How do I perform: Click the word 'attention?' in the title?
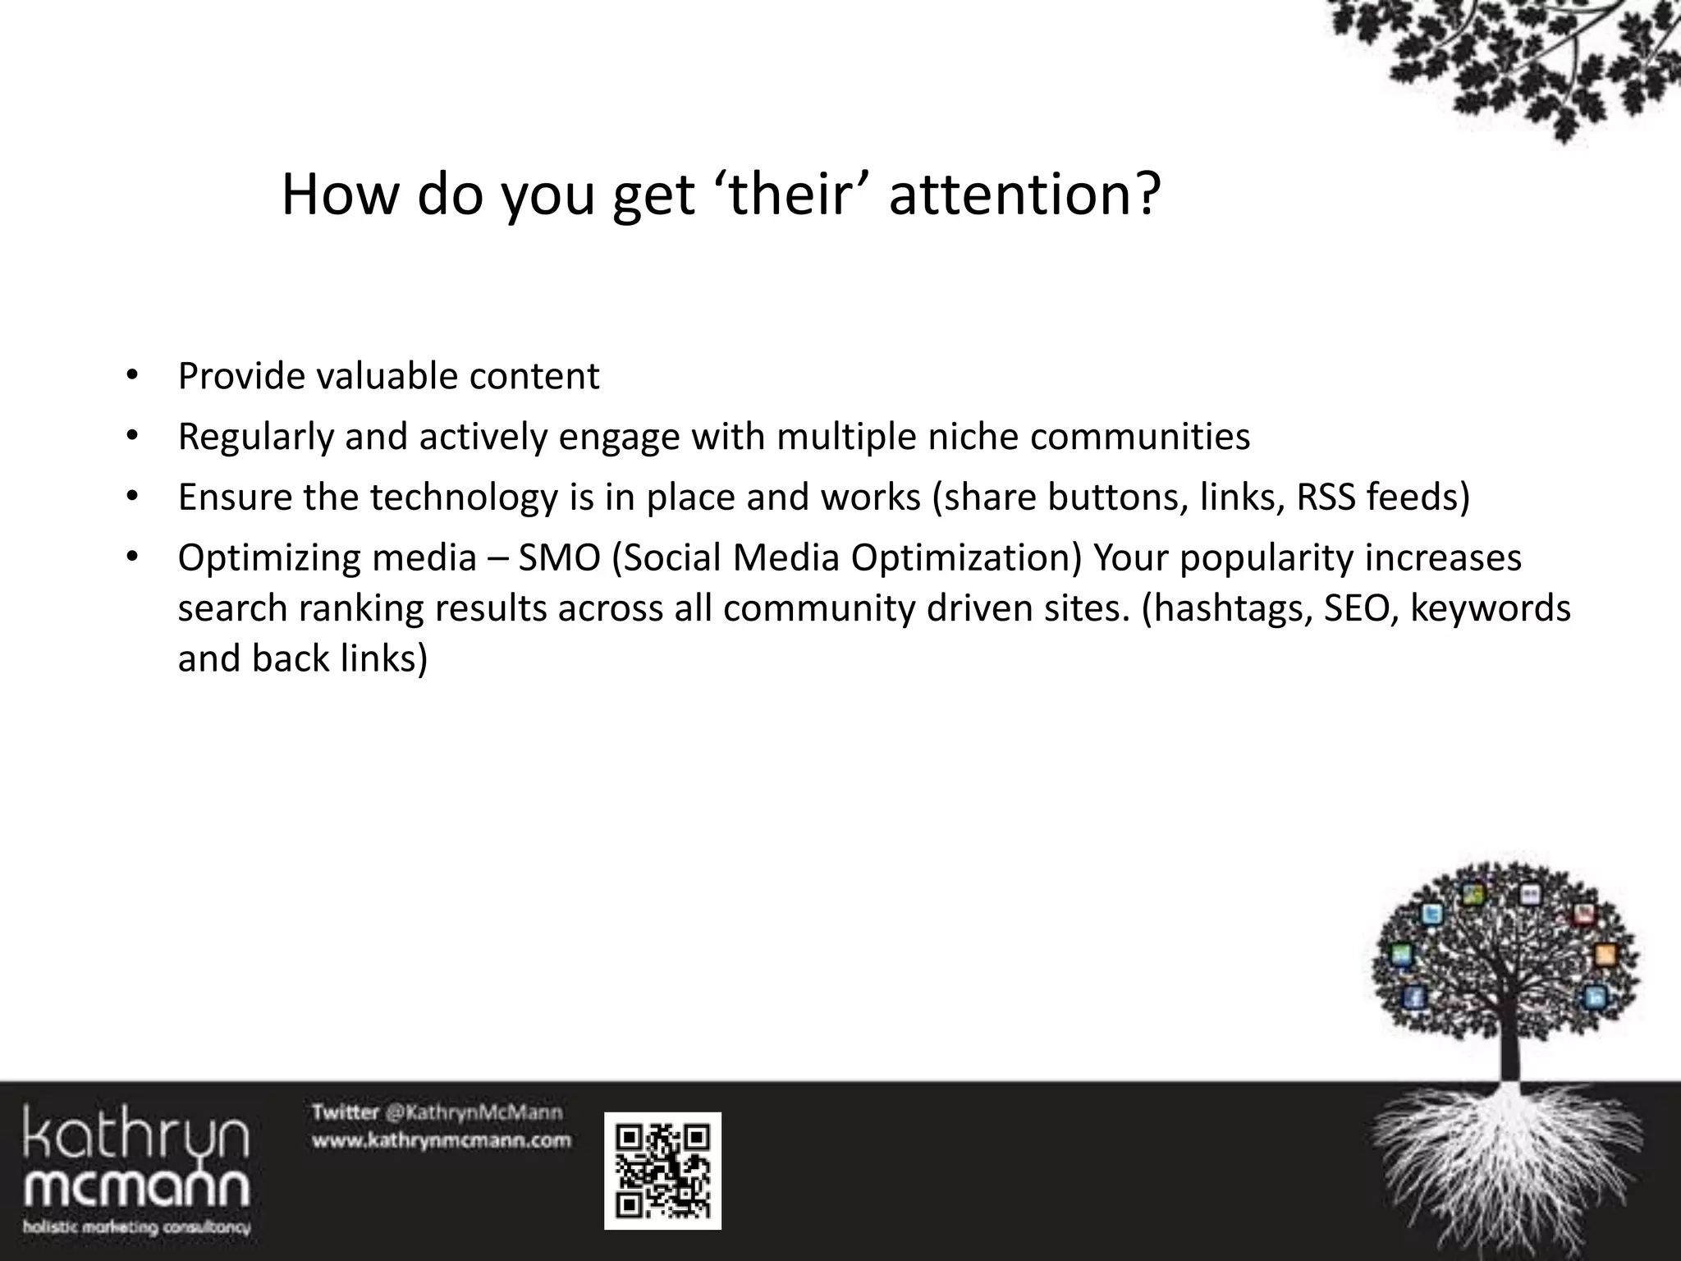pyautogui.click(x=1024, y=195)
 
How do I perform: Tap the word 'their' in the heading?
pyautogui.click(x=787, y=195)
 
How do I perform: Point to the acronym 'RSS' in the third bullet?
pyautogui.click(x=1326, y=498)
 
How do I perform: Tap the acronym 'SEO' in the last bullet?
pyautogui.click(x=1358, y=608)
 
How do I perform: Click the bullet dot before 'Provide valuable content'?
pyautogui.click(x=131, y=377)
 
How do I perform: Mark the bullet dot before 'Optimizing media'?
pyautogui.click(x=131, y=558)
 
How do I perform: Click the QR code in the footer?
pyautogui.click(x=662, y=1171)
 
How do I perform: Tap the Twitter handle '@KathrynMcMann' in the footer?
pyautogui.click(x=474, y=1112)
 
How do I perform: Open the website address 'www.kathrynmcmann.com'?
pyautogui.click(x=441, y=1140)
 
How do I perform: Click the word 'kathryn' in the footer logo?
pyautogui.click(x=135, y=1134)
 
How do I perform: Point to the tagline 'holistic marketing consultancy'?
pyautogui.click(x=136, y=1228)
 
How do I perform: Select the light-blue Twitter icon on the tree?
pyautogui.click(x=1432, y=915)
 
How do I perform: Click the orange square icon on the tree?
pyautogui.click(x=1605, y=955)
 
